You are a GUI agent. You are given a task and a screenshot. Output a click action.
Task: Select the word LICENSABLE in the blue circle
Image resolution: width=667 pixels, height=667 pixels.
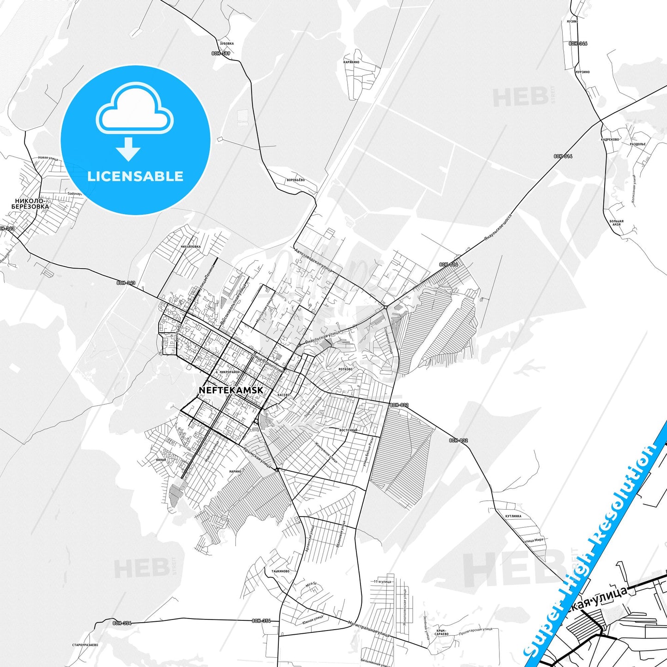(135, 176)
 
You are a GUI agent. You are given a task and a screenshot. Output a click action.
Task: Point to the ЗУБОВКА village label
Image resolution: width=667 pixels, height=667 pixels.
(227, 43)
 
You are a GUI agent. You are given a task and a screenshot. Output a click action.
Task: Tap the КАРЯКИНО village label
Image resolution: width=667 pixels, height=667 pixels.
(351, 62)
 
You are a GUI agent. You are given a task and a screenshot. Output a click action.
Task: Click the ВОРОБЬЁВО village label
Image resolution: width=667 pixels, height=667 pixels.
(295, 180)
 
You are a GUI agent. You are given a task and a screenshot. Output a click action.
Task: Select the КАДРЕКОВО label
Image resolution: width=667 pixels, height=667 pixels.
(610, 139)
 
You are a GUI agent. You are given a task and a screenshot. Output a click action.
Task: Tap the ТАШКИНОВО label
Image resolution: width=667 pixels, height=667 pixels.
(280, 571)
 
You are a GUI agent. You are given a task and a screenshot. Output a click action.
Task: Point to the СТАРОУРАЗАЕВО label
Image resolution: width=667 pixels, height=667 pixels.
(85, 645)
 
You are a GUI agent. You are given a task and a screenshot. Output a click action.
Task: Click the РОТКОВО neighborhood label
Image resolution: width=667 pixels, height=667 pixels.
(345, 369)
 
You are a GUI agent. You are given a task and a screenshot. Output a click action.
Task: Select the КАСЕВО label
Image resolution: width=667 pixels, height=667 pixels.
(283, 395)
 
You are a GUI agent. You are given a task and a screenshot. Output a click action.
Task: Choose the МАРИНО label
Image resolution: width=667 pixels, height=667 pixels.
(235, 471)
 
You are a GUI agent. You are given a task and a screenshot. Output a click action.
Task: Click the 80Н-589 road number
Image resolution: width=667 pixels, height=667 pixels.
(221, 54)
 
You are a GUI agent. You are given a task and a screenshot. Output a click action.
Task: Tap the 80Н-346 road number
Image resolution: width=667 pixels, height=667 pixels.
(578, 43)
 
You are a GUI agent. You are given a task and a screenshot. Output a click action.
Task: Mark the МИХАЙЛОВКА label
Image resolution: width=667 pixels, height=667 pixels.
(191, 246)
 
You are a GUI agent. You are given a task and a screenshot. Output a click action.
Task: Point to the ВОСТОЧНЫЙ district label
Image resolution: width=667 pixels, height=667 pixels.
(348, 430)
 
